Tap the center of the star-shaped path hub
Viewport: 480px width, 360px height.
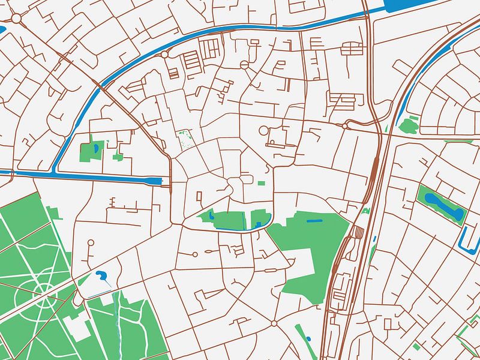(44, 292)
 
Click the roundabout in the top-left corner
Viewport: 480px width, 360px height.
(16, 19)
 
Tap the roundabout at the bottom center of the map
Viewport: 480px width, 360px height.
(274, 323)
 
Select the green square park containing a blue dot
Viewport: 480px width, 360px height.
(92, 151)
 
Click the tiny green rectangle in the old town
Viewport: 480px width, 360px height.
(262, 182)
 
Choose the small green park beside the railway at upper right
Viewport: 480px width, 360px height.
(409, 125)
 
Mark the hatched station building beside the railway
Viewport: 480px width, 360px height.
(358, 232)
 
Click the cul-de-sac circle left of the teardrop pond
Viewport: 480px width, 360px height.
(91, 244)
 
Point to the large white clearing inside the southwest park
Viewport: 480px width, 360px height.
(77, 327)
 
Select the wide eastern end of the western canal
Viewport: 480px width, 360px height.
(155, 180)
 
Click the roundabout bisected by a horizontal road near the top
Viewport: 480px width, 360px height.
(244, 64)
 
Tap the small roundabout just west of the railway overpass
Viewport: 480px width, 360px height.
(347, 125)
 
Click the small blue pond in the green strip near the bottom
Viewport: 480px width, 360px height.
(308, 340)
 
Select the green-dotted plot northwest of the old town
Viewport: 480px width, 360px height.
(185, 140)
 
